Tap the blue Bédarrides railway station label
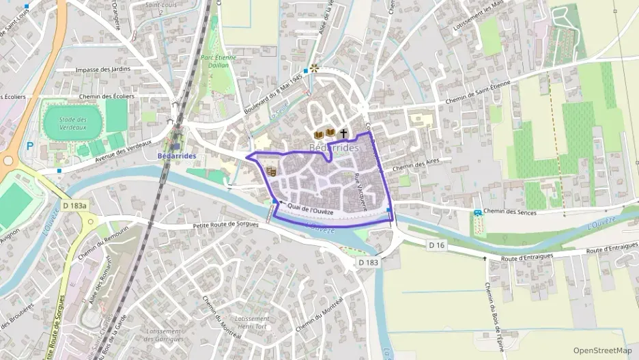[176, 156]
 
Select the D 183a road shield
[74, 205]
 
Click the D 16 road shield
[437, 245]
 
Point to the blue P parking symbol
[29, 146]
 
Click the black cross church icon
[343, 133]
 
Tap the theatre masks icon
[271, 171]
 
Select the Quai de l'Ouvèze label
[311, 209]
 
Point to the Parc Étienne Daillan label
[219, 62]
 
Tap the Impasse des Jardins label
[103, 69]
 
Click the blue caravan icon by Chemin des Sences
[478, 213]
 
